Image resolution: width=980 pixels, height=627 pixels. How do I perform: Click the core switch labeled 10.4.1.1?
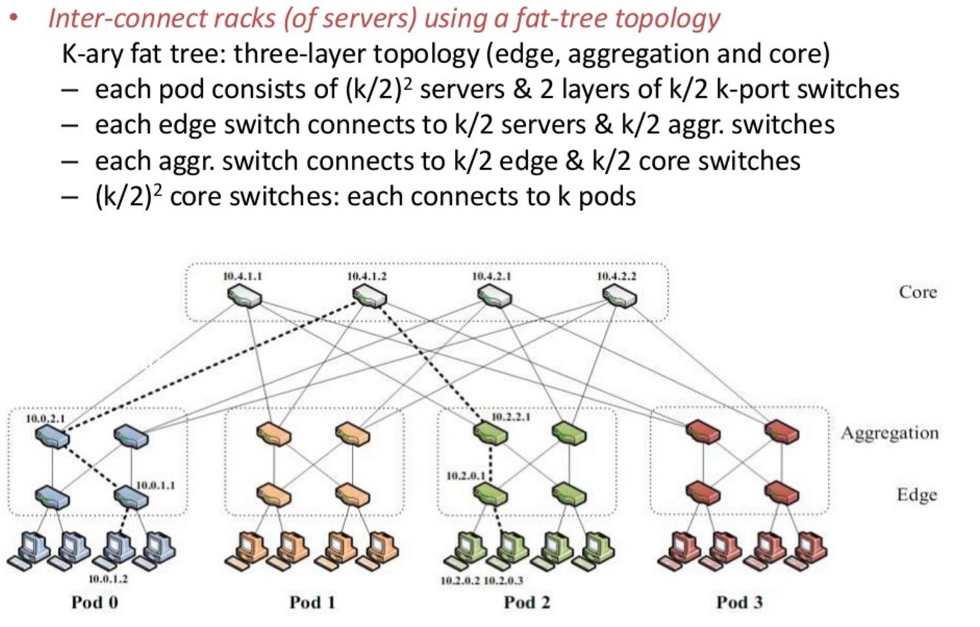pyautogui.click(x=244, y=297)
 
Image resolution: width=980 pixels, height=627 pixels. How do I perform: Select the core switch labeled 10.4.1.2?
pyautogui.click(x=369, y=297)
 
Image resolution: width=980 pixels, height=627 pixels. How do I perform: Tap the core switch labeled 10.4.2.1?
pyautogui.click(x=493, y=297)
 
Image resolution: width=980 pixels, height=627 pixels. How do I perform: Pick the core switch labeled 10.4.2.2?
pyautogui.click(x=619, y=297)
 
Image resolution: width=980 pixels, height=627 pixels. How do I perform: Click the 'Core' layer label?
pyautogui.click(x=918, y=292)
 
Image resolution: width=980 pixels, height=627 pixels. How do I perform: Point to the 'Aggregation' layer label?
pyautogui.click(x=889, y=432)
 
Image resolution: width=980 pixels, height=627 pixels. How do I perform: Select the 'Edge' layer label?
pyautogui.click(x=916, y=494)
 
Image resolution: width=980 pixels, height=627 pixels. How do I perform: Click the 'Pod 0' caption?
pyautogui.click(x=94, y=602)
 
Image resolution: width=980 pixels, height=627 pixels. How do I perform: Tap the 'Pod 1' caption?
pyautogui.click(x=312, y=602)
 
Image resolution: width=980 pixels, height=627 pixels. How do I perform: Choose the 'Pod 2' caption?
pyautogui.click(x=527, y=602)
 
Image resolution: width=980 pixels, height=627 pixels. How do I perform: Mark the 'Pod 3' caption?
pyautogui.click(x=739, y=602)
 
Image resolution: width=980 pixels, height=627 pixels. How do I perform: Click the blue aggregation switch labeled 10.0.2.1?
pyautogui.click(x=52, y=437)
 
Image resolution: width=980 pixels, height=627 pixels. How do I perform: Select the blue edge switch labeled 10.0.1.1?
pyautogui.click(x=131, y=498)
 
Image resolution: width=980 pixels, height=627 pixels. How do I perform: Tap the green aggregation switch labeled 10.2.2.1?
pyautogui.click(x=490, y=434)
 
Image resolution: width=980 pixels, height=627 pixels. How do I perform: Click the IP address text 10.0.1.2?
pyautogui.click(x=108, y=578)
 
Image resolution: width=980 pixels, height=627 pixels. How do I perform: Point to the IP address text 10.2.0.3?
pyautogui.click(x=503, y=581)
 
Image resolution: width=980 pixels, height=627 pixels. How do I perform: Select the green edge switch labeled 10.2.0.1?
pyautogui.click(x=490, y=494)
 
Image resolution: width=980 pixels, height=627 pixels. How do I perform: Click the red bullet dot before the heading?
pyautogui.click(x=13, y=18)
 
